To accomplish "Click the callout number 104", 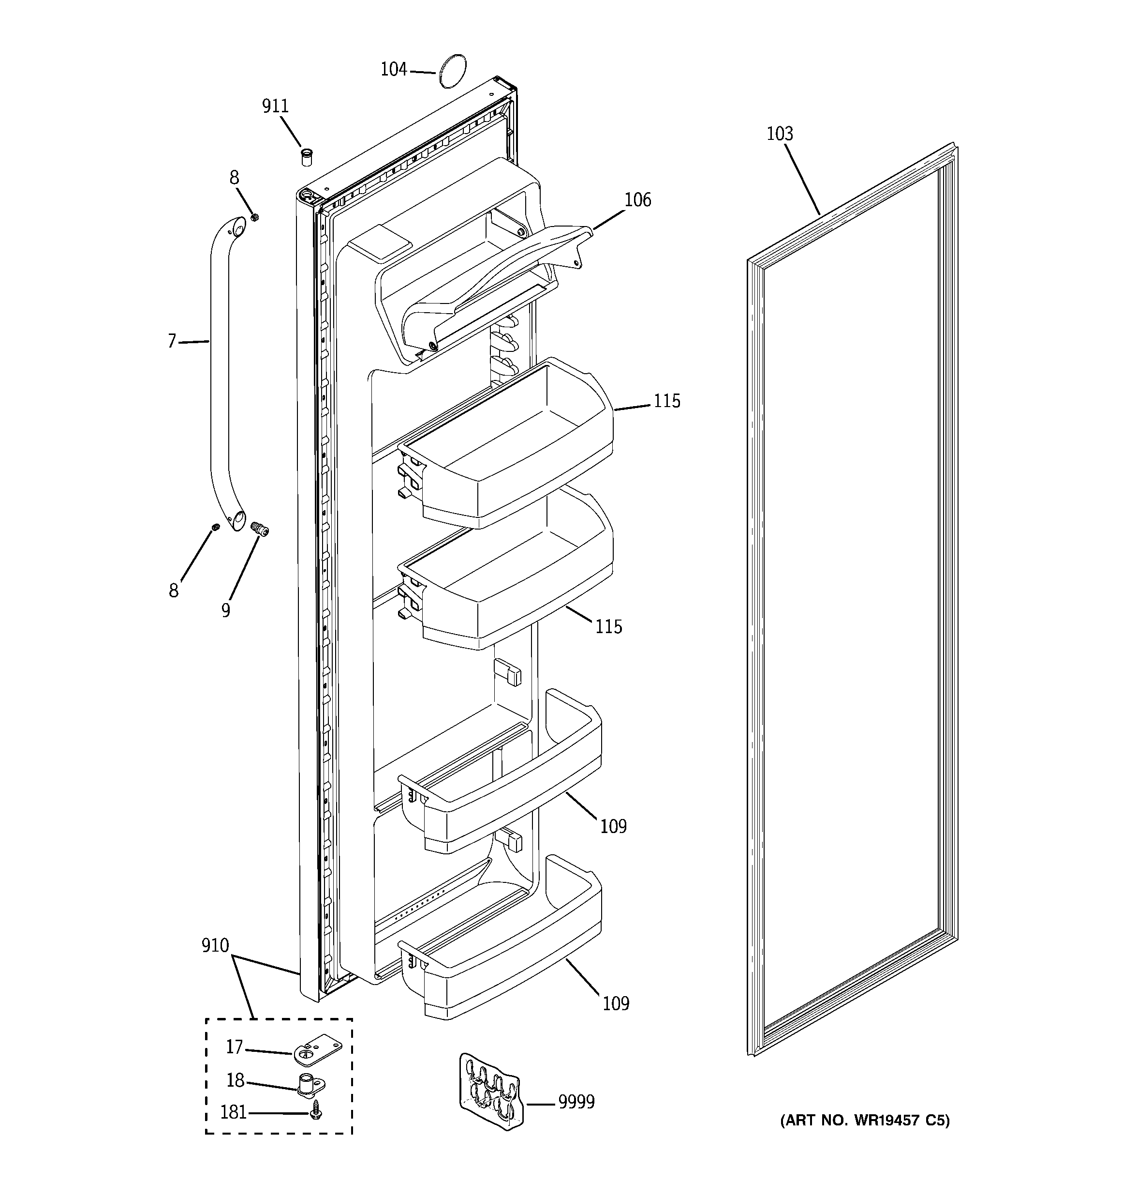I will (393, 70).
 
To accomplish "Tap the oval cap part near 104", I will (452, 71).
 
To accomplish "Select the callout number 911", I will (275, 106).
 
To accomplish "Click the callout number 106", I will (637, 199).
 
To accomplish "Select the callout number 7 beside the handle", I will (172, 342).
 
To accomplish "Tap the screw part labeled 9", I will (260, 529).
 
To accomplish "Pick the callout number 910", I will (215, 945).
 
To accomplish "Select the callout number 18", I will (235, 1080).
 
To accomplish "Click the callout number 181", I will (234, 1112).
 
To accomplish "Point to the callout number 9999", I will (576, 1102).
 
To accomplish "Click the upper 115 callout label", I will (667, 401).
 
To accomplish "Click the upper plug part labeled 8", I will (254, 217).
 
